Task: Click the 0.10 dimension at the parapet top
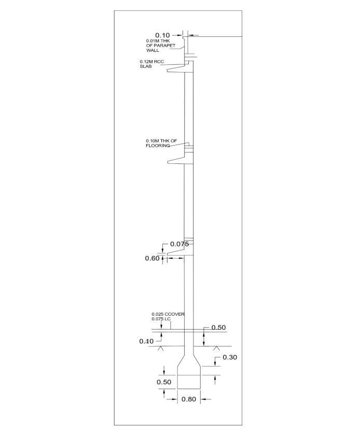point(162,35)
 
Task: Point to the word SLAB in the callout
point(145,66)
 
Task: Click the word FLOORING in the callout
point(158,146)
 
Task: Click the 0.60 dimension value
point(152,258)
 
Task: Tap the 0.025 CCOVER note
point(168,314)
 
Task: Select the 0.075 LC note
point(161,319)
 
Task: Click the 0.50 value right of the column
point(218,328)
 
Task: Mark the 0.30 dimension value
point(230,357)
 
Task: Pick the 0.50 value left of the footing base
point(164,382)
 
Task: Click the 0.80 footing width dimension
point(189,399)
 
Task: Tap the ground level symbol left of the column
point(161,348)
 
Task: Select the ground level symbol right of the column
point(216,348)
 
